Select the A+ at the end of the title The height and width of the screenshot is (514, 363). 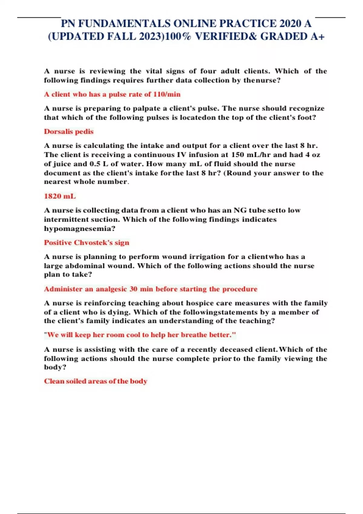[318, 37]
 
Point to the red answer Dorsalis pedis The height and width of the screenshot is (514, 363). [69, 132]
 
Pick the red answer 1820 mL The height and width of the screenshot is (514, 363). [60, 196]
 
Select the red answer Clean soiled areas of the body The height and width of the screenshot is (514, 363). [96, 381]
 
